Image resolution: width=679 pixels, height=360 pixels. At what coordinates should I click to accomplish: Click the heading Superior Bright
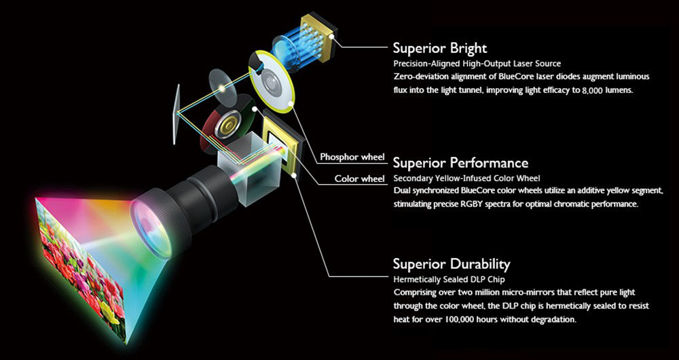pos(439,49)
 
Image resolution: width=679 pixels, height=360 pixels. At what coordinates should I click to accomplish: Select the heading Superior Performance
pos(460,163)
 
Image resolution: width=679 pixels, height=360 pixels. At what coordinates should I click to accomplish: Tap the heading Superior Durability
pos(452,264)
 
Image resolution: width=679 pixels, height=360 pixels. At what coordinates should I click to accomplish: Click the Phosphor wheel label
pos(352,158)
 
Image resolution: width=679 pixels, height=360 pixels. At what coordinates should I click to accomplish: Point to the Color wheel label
pos(360,179)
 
